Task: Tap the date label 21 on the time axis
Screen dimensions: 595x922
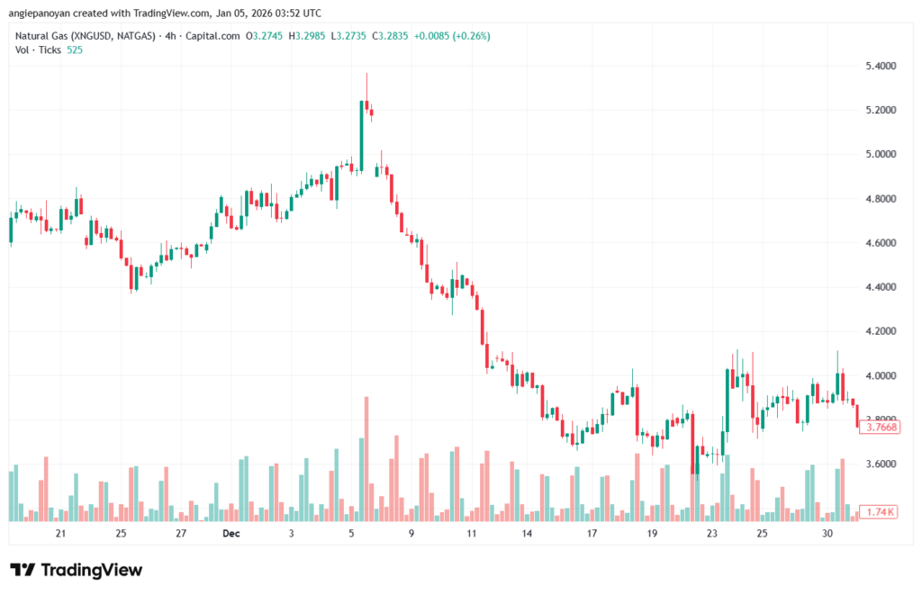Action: tap(61, 534)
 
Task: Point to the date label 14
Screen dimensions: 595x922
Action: tap(527, 534)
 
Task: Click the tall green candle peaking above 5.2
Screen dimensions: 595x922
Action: tap(361, 135)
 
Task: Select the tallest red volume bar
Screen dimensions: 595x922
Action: tap(366, 459)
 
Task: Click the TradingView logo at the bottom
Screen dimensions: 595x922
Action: tap(77, 570)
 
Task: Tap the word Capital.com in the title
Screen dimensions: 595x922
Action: tap(217, 36)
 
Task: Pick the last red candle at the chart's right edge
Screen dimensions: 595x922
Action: tap(857, 417)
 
